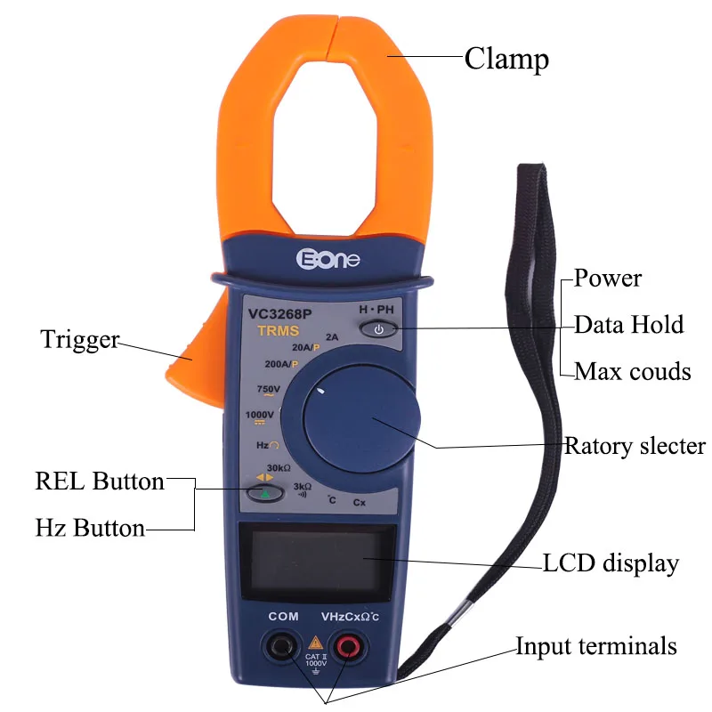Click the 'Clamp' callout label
[x=506, y=60]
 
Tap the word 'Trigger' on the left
[x=79, y=339]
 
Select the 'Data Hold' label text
[x=628, y=324]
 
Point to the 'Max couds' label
[x=632, y=370]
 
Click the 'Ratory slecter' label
[x=635, y=445]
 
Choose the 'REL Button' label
[x=100, y=481]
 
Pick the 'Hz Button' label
[x=90, y=528]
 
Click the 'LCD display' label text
[x=611, y=562]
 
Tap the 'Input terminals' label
[x=596, y=646]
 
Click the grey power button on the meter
[x=378, y=330]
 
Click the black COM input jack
[x=284, y=645]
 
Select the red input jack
[x=345, y=645]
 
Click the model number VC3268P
[x=279, y=313]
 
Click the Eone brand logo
[x=327, y=258]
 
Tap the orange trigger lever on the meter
[x=190, y=347]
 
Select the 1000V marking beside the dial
[x=260, y=415]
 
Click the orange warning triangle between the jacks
[x=314, y=642]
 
